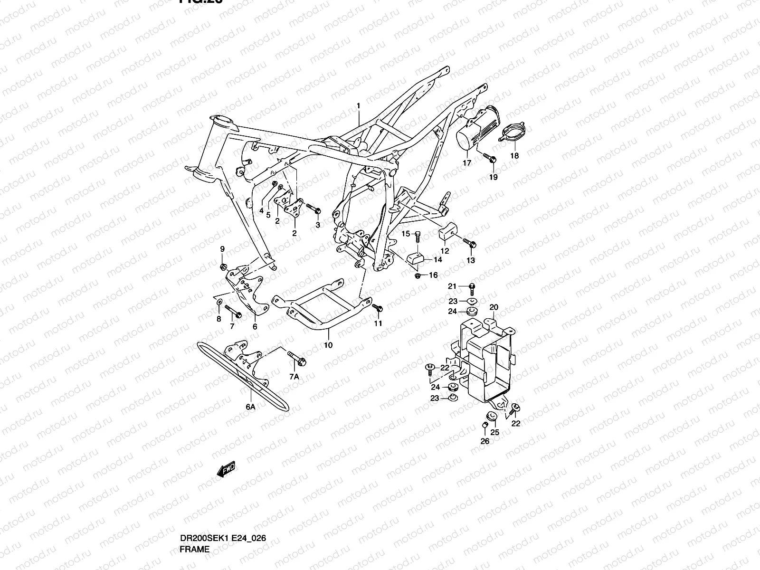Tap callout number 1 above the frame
[359, 105]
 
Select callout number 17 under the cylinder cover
[467, 162]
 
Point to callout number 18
[514, 155]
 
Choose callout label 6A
[250, 407]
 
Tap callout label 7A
[294, 377]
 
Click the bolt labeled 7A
[297, 358]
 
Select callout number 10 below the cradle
[328, 345]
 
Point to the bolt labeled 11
[378, 308]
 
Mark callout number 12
[445, 251]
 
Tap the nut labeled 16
[418, 275]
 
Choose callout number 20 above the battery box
[494, 307]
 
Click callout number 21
[452, 286]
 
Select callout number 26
[484, 441]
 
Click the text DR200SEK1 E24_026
[222, 538]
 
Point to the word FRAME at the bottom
[194, 550]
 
